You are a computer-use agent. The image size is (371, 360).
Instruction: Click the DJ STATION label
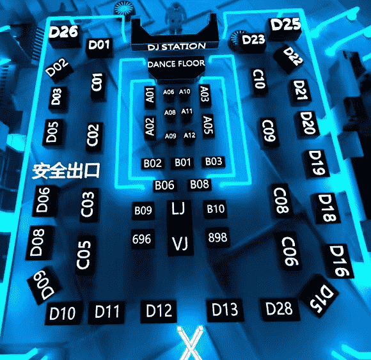[177, 47]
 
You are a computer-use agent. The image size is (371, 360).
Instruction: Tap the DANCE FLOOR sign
[176, 64]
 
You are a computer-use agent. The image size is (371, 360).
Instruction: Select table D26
[63, 32]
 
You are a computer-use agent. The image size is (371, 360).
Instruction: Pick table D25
[286, 24]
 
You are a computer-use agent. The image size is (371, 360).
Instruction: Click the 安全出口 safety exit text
[66, 171]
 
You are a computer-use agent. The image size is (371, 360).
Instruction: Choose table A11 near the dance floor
[187, 111]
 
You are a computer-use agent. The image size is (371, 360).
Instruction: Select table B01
[183, 162]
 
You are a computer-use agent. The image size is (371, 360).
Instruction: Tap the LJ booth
[178, 208]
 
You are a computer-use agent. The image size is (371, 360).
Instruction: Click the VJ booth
[180, 243]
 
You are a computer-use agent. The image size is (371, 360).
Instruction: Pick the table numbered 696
[142, 239]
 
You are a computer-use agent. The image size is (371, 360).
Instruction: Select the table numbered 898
[217, 237]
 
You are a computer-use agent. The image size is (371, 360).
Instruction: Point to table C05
[84, 255]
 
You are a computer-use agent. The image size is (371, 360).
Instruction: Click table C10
[259, 79]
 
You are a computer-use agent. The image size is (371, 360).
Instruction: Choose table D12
[159, 311]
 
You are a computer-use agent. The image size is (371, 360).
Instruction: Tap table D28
[279, 309]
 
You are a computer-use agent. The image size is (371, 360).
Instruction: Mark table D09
[44, 285]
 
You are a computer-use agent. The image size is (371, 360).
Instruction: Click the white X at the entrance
[190, 343]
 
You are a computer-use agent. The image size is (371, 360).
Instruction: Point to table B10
[216, 209]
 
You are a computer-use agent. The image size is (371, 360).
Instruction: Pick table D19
[317, 163]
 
